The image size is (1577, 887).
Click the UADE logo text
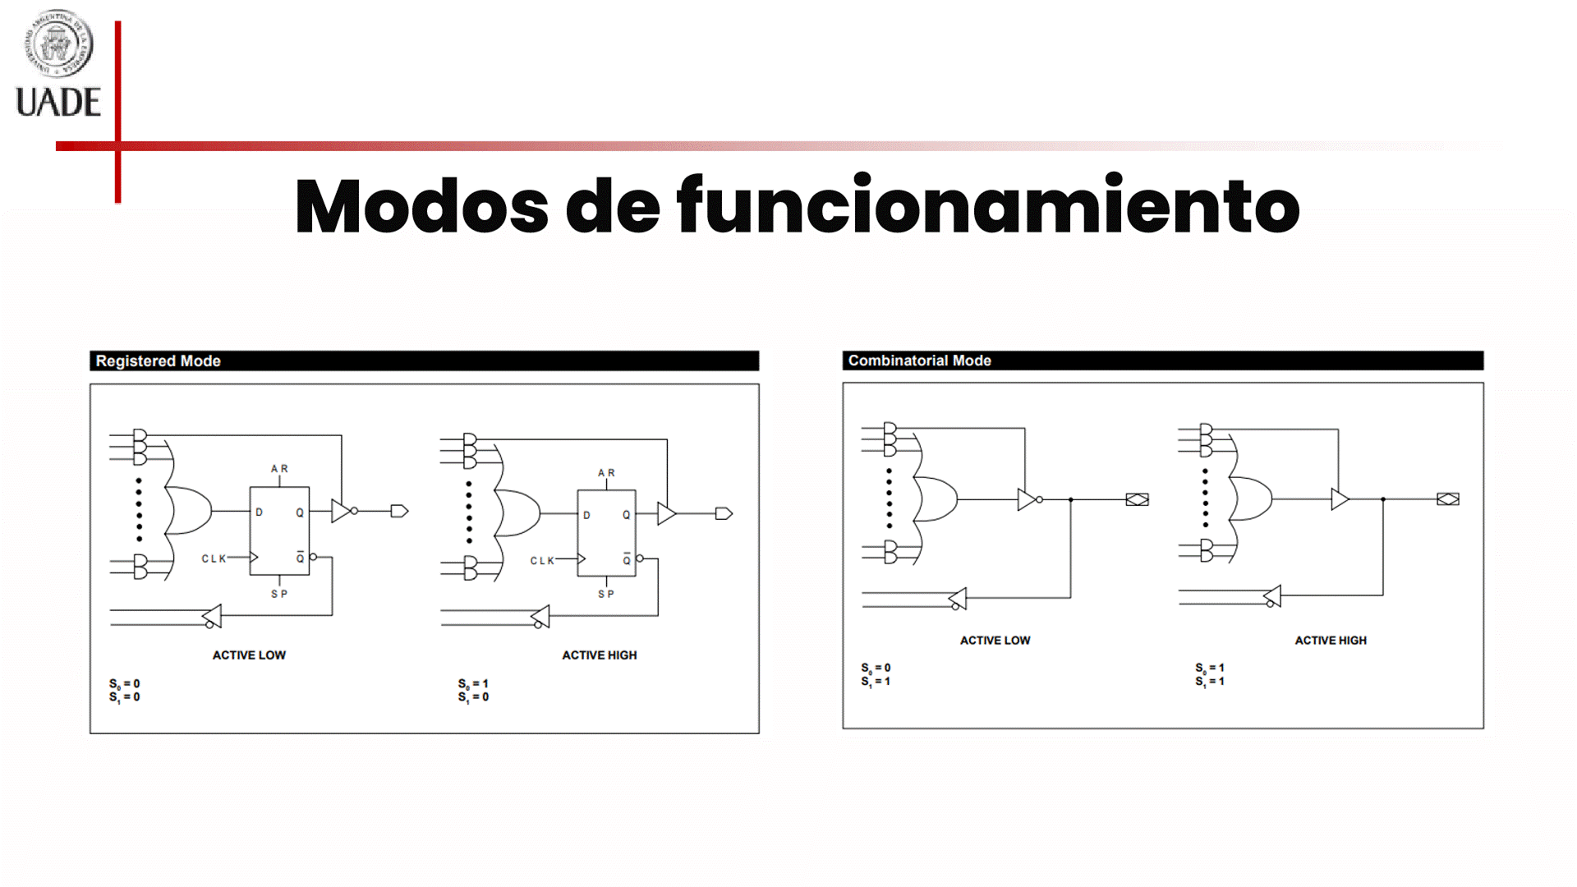(58, 103)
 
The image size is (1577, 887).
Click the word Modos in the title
(421, 206)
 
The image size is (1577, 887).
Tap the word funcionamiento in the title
(988, 206)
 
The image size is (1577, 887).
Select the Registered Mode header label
(158, 361)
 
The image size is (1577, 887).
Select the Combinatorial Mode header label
(919, 361)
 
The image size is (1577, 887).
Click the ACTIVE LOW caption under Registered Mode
(249, 655)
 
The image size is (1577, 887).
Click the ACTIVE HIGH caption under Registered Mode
(599, 655)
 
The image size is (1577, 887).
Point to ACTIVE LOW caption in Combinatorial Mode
(995, 641)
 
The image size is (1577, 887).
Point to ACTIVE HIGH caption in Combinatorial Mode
(1331, 641)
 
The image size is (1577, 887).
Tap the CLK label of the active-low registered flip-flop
(214, 558)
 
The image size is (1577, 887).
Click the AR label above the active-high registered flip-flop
(606, 473)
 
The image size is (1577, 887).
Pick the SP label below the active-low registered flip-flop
(279, 594)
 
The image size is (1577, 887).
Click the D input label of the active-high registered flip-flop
(586, 516)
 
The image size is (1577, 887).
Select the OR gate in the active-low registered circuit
(189, 511)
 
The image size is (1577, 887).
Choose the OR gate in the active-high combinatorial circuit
(1250, 499)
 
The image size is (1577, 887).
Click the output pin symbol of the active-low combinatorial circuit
(1137, 499)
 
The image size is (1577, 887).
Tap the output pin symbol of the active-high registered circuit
(724, 514)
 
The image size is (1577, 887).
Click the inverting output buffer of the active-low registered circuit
(343, 511)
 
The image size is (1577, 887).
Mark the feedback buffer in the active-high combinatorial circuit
(1272, 596)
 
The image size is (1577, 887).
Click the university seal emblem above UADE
(57, 43)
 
